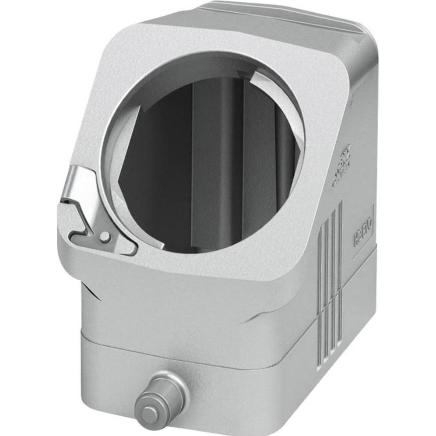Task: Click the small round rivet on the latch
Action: click(x=105, y=237)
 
